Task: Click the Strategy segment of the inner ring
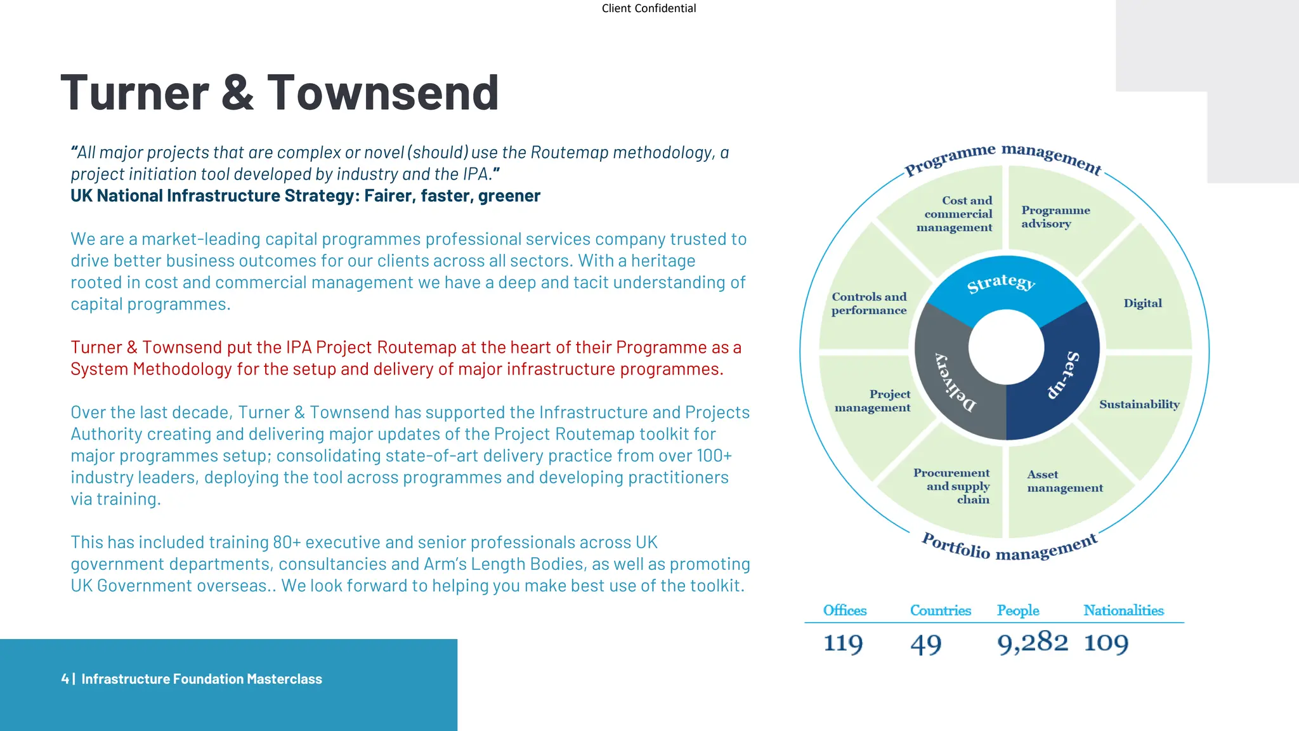[x=1001, y=284]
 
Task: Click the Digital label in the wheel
[x=1142, y=303]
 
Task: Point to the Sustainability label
[x=1139, y=404]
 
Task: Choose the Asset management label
[x=1064, y=481]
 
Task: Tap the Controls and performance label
[x=869, y=303]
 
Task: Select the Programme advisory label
[x=1055, y=216]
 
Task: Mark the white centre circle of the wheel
[x=1006, y=347]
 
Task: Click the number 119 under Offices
[x=843, y=643]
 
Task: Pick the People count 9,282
[x=1032, y=642]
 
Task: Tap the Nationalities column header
[x=1123, y=610]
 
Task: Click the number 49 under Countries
[x=925, y=644]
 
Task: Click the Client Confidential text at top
[x=648, y=8]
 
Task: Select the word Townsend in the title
[x=382, y=93]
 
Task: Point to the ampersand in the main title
[x=238, y=93]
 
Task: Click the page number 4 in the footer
[x=65, y=679]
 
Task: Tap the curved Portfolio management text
[x=1009, y=548]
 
